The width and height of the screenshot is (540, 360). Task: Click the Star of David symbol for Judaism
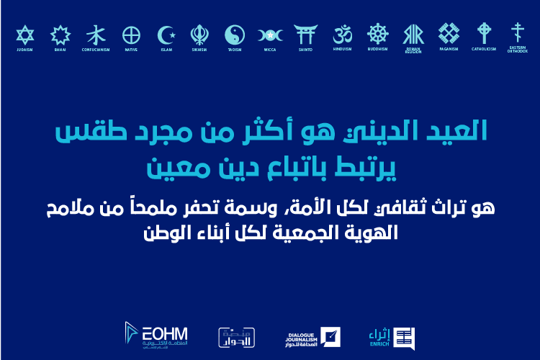click(x=24, y=35)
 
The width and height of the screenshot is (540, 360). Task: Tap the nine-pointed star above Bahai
click(x=60, y=35)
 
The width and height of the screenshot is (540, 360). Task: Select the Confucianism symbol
click(x=95, y=35)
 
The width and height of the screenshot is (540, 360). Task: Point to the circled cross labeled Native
click(x=131, y=35)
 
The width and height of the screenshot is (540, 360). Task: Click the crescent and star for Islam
click(x=166, y=35)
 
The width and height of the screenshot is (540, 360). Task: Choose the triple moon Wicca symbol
click(x=270, y=35)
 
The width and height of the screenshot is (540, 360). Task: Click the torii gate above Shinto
click(x=305, y=35)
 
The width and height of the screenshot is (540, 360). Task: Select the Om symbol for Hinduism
click(x=342, y=34)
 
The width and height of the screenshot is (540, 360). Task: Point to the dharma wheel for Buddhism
click(x=377, y=34)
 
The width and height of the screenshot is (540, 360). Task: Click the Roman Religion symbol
click(x=413, y=34)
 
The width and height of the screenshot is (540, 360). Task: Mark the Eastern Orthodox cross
click(x=516, y=32)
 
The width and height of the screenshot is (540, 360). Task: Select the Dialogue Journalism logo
click(x=312, y=336)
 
